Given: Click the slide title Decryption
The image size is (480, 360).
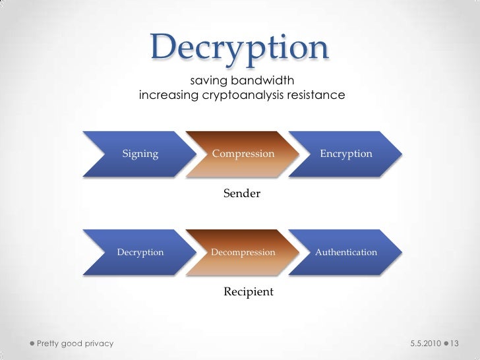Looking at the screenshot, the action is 239,47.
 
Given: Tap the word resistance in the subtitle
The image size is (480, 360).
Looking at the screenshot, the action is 316,96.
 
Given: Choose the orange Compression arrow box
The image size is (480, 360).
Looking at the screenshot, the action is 243,154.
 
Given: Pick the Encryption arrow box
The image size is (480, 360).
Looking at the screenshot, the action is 345,154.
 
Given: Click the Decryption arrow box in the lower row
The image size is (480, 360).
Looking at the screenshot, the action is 140,252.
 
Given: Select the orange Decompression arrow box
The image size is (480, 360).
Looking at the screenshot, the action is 243,252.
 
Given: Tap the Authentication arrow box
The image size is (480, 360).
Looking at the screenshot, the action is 345,252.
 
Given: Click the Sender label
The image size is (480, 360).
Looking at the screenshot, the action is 242,194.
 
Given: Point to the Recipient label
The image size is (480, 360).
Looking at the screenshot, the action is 249,291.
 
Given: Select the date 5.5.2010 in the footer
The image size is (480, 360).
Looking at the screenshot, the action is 425,344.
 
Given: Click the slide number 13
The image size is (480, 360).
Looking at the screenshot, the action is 456,344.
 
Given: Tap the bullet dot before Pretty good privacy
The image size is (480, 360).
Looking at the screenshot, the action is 32,344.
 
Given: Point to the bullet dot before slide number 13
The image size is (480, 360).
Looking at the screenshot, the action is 446,344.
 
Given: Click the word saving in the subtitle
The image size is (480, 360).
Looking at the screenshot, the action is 206,81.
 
